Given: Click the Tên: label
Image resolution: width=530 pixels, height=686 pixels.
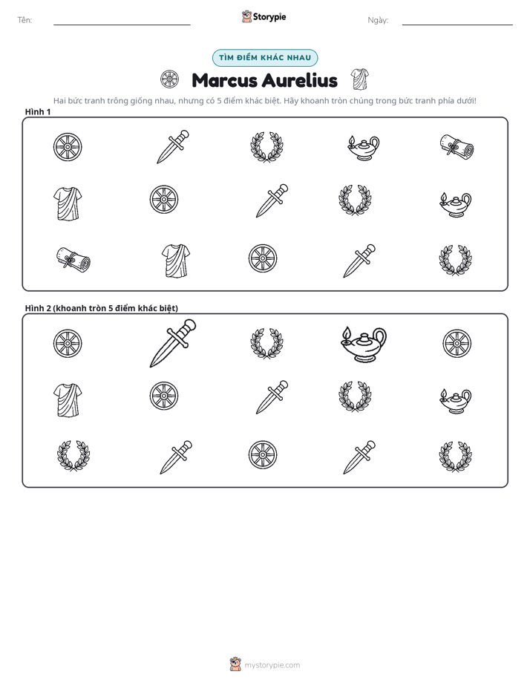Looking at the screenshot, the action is pyautogui.click(x=24, y=20).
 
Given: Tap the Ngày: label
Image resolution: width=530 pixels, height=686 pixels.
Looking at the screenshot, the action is pyautogui.click(x=378, y=20).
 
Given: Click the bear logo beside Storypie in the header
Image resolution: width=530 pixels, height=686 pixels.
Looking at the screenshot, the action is pyautogui.click(x=246, y=16).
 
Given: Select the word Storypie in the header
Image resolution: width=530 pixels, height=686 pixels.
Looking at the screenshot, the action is pyautogui.click(x=269, y=17).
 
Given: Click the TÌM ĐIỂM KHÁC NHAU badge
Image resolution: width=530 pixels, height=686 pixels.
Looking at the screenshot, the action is pyautogui.click(x=265, y=58).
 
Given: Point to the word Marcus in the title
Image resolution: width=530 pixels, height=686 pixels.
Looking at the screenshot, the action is pyautogui.click(x=224, y=80).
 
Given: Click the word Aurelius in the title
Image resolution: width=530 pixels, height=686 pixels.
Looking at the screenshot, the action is pyautogui.click(x=300, y=80).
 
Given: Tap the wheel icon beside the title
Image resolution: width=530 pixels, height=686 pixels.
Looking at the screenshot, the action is pyautogui.click(x=170, y=79).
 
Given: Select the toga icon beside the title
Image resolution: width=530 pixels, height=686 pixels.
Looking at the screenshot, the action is pyautogui.click(x=360, y=79).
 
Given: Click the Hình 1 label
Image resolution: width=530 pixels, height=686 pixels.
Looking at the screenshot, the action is pyautogui.click(x=38, y=111).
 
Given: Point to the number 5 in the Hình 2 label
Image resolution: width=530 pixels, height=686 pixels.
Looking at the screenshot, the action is pyautogui.click(x=111, y=308).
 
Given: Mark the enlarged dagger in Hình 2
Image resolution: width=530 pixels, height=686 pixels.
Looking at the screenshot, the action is pyautogui.click(x=173, y=343).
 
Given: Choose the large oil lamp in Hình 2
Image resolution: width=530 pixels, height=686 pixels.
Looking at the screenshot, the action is pyautogui.click(x=364, y=344).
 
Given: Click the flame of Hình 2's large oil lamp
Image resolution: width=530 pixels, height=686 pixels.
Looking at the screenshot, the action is pyautogui.click(x=347, y=333).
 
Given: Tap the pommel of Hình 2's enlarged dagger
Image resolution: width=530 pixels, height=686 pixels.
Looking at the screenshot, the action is pyautogui.click(x=190, y=324).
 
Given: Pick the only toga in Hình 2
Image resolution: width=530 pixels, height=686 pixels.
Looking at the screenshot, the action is pyautogui.click(x=68, y=400).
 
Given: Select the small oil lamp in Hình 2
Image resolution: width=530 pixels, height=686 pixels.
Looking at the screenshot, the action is pyautogui.click(x=455, y=401).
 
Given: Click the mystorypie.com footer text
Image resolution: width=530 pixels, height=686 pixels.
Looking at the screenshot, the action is pyautogui.click(x=272, y=665).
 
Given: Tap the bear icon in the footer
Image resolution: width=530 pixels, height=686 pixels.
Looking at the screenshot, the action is pyautogui.click(x=235, y=664).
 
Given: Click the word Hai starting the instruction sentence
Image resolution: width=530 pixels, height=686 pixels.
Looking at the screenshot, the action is pyautogui.click(x=59, y=101).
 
